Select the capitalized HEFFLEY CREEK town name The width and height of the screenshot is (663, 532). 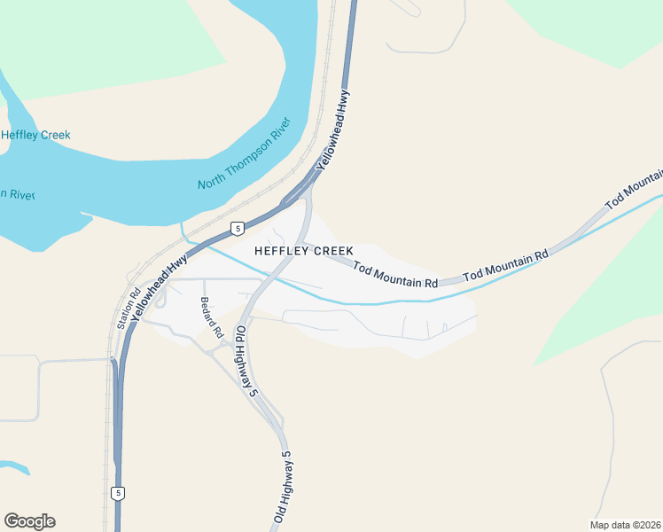304,251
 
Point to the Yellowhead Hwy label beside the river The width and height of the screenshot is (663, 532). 331,129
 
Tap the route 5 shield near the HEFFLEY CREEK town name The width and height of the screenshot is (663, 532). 237,229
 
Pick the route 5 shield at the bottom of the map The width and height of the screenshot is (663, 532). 118,492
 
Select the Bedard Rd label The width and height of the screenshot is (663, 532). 211,317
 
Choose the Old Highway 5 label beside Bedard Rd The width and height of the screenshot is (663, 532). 243,356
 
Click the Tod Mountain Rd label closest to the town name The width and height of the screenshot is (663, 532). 395,274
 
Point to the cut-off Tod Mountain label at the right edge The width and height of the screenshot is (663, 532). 634,190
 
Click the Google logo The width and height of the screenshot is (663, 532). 29,521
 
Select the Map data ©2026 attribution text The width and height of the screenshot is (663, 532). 625,525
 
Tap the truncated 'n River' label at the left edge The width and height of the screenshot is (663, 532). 17,194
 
